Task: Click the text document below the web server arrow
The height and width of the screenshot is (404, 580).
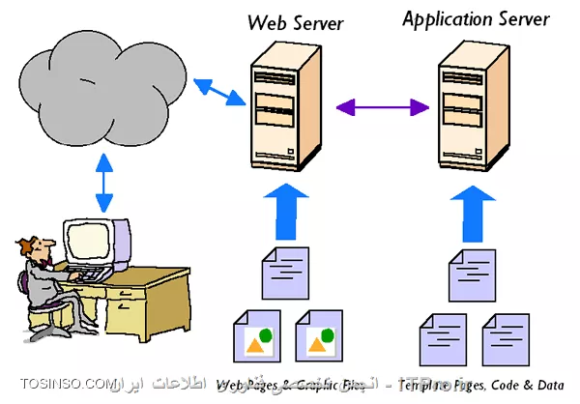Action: (x=288, y=274)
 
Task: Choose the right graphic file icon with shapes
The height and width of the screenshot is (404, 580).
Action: (x=319, y=337)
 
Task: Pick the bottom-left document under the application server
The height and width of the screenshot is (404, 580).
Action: (x=442, y=339)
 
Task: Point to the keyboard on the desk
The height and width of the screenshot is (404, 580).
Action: (x=95, y=275)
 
